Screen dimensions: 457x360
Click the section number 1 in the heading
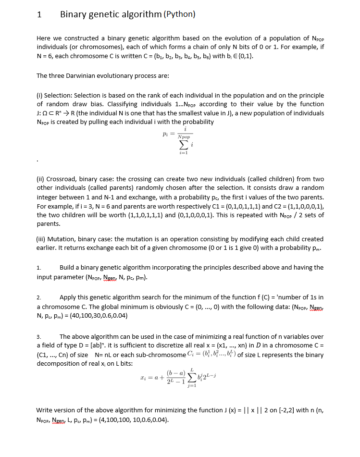(39, 14)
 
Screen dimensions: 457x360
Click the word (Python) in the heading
(180, 14)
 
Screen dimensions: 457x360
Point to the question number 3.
(39, 337)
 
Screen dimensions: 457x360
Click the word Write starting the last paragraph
(46, 410)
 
